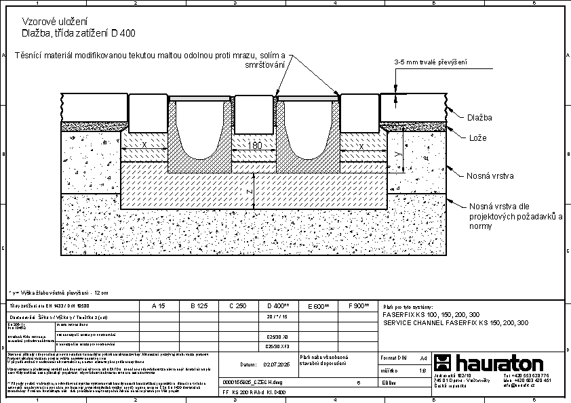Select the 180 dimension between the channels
254,146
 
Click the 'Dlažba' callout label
479,118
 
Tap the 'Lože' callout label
477,138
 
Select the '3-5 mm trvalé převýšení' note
432,62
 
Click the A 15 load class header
158,307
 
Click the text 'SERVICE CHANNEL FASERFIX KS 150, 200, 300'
456,323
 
